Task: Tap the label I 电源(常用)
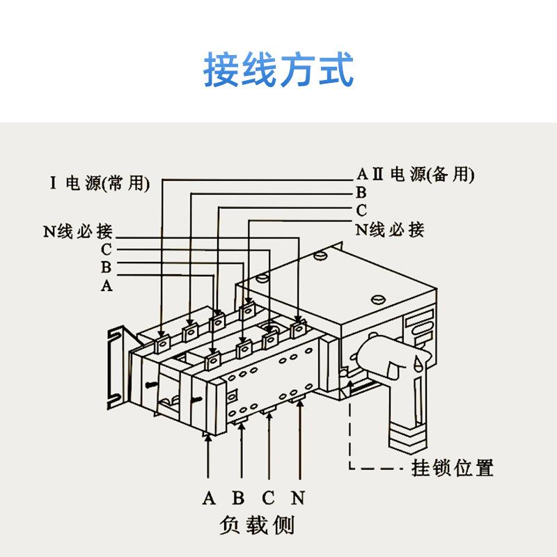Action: coord(100,184)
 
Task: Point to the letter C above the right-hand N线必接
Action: coord(361,210)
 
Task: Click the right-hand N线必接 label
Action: coord(390,228)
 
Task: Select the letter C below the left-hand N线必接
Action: coord(107,249)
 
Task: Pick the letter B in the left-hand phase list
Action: coord(107,267)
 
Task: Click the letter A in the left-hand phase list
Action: coord(107,285)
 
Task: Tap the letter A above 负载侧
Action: coord(208,498)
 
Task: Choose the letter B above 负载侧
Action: coord(238,498)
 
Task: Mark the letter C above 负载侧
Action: coord(269,498)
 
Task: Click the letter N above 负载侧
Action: coord(299,498)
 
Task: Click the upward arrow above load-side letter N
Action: coord(300,446)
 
